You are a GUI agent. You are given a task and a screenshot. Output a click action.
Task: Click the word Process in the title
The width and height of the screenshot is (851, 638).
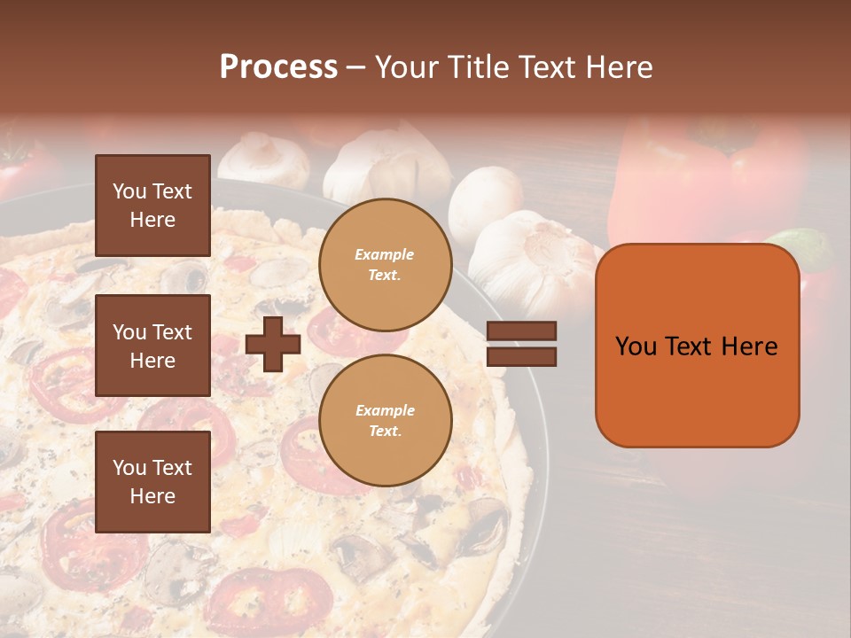278,66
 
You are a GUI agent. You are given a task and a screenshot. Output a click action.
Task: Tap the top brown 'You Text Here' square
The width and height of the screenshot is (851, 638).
152,206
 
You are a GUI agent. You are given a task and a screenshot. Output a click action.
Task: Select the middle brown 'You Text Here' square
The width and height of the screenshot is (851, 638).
152,346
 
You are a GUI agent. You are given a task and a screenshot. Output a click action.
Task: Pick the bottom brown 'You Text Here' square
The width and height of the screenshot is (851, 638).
152,481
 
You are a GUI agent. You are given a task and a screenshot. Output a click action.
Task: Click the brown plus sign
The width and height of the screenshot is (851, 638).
273,344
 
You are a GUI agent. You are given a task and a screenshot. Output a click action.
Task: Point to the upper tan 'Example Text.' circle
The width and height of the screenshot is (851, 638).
385,265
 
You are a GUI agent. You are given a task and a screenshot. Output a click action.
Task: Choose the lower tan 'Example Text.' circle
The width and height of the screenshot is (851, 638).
385,421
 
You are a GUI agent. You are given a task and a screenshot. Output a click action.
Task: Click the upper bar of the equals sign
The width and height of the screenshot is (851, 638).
521,331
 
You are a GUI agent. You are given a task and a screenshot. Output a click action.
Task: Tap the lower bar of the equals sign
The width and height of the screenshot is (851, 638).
521,356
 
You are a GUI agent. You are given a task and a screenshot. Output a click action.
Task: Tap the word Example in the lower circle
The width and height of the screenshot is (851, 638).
385,410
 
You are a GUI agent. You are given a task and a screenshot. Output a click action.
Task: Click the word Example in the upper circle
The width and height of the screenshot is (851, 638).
384,254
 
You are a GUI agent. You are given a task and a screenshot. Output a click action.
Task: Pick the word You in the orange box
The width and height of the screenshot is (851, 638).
636,346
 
